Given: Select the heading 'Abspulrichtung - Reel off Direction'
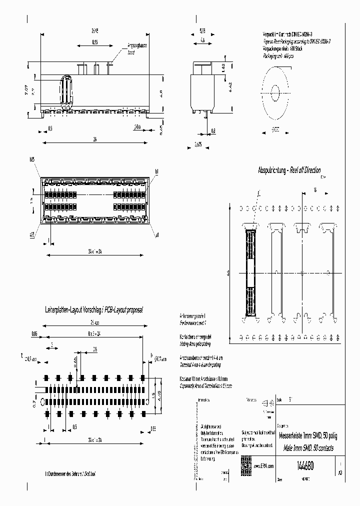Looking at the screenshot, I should pos(289,170).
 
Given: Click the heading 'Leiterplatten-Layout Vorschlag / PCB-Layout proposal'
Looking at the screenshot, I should pos(94,310).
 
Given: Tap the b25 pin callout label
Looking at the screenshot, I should pos(32,159).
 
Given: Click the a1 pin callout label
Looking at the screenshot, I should pos(156,234).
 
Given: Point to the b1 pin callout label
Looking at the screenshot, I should pos(156,171).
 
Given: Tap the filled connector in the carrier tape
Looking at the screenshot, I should pos(250,273).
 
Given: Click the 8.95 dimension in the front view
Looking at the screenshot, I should pos(94,43).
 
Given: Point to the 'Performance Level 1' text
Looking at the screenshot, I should pos(192,324).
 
